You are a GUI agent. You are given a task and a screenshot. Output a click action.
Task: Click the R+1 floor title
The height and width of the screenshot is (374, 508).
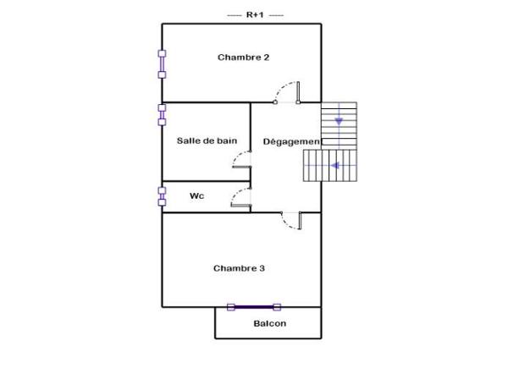point(255,14)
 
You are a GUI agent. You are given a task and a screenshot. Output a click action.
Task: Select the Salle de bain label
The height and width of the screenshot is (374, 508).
point(207,140)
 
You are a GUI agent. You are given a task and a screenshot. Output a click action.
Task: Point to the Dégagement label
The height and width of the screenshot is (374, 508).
point(290,140)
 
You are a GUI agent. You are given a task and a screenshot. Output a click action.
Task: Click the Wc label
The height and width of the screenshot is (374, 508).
point(196,195)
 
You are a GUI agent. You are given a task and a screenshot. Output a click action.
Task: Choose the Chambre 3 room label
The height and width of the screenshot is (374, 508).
point(239,268)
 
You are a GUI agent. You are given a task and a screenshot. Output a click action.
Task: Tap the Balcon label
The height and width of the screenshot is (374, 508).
point(269,323)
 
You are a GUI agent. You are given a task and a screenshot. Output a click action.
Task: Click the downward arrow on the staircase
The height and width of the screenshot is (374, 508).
point(339,120)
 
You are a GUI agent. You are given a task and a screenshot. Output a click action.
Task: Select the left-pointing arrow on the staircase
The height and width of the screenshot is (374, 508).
point(336,166)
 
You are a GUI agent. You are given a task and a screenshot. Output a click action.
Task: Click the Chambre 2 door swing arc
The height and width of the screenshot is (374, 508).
point(290,87)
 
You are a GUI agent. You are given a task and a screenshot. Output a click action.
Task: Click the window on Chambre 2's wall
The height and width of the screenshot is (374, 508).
point(162,63)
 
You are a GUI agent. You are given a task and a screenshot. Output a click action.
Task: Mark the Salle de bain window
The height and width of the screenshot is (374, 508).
point(162,114)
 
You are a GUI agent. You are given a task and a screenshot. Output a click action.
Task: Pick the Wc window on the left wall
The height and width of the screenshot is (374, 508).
point(162,195)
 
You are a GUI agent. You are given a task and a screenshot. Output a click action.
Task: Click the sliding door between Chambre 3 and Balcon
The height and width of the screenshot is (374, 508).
point(254,307)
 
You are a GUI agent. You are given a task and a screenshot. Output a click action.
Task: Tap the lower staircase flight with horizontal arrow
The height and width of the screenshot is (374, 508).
point(331,166)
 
